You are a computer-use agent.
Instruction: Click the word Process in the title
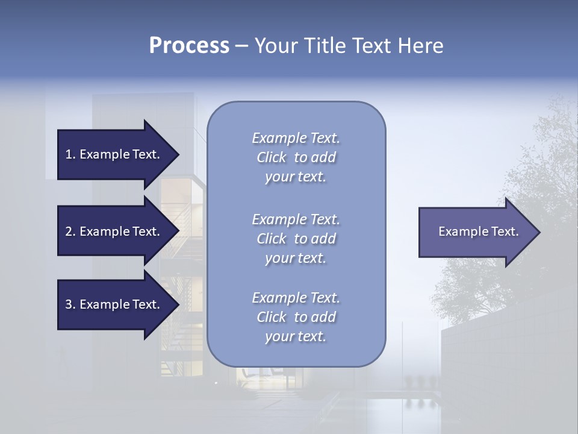click(x=189, y=46)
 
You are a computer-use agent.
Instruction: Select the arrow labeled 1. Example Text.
click(x=114, y=154)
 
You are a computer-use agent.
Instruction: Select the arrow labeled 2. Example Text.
click(x=114, y=231)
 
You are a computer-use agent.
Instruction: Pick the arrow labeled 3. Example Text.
click(x=114, y=304)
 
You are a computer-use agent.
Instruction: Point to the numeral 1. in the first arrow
click(x=70, y=154)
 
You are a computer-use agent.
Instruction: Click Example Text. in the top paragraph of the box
click(x=296, y=138)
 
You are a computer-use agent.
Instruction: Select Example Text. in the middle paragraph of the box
click(x=296, y=219)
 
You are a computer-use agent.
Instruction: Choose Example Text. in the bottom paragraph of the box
click(x=296, y=298)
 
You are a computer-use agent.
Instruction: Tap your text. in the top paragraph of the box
click(x=296, y=177)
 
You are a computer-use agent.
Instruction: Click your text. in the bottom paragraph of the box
click(x=296, y=336)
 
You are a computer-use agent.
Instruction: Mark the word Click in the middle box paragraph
click(x=272, y=239)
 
